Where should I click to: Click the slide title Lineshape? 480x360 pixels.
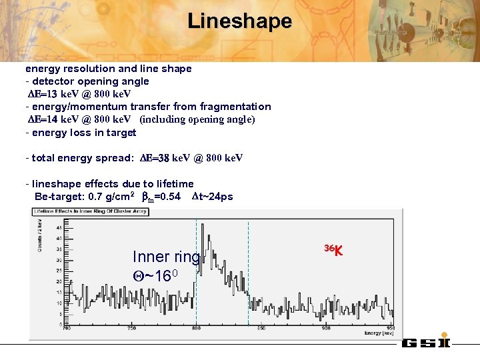pos(239,21)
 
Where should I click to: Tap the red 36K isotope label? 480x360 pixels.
pos(333,251)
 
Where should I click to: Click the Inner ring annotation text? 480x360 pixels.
pos(166,257)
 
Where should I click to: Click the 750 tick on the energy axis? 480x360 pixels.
pos(131,328)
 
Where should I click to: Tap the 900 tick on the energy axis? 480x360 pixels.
pos(326,328)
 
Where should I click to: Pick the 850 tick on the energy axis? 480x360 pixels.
pos(261,328)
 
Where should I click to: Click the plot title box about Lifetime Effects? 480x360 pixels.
pos(91,211)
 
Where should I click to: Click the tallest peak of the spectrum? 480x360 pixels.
pos(209,234)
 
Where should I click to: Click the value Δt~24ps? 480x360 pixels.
pos(213,197)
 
